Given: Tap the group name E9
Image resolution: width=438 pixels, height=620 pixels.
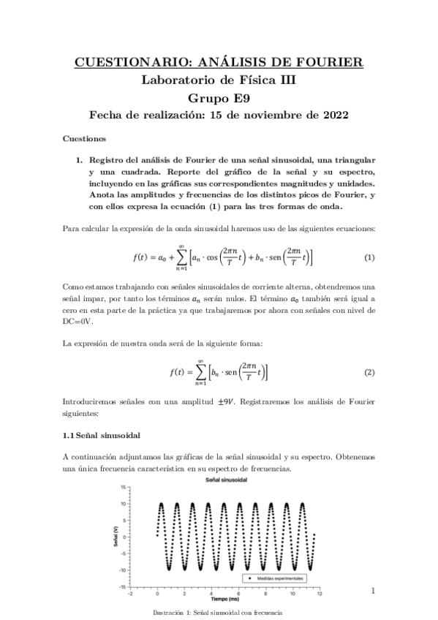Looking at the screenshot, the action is coord(239,97).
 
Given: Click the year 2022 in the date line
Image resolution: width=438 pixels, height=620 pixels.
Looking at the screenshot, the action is coord(332,115).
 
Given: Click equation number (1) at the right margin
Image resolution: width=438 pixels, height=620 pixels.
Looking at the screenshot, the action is coord(369,258).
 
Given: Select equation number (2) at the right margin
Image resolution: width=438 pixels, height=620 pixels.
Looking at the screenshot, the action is coord(369,372).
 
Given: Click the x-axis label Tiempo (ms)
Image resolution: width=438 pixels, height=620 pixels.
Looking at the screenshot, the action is coord(222,597).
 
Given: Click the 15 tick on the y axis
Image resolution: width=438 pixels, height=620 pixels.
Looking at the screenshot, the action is coord(126,487).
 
